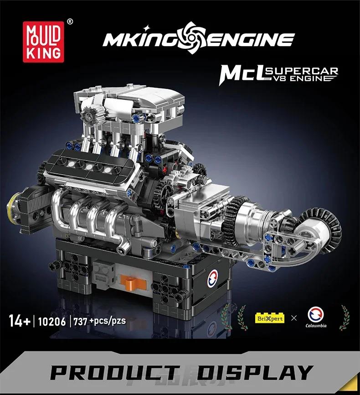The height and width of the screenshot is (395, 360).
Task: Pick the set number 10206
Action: [51, 321]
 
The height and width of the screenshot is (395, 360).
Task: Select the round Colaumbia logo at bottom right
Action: [316, 314]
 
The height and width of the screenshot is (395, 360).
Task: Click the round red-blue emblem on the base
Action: [213, 279]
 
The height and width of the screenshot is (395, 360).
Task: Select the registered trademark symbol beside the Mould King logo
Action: [69, 21]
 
